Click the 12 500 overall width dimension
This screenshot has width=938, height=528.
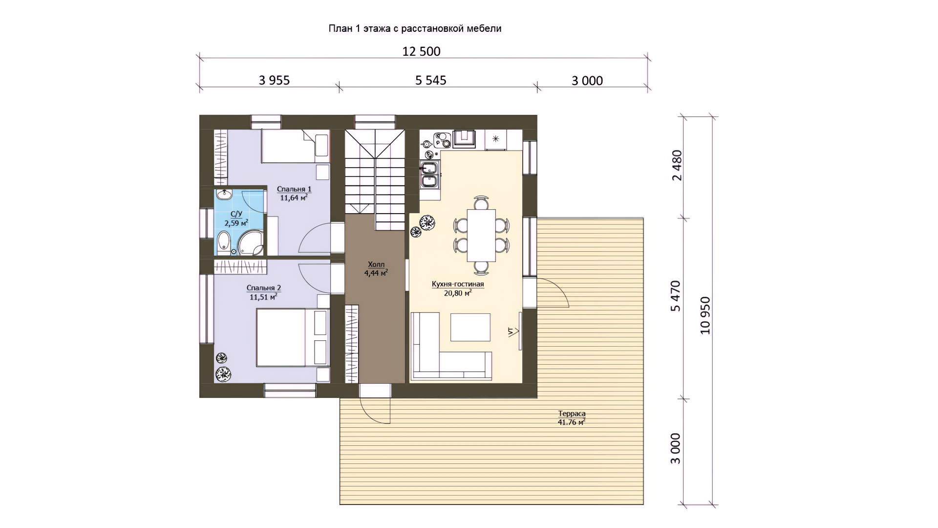point(421,51)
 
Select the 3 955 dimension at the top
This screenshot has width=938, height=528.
point(274,80)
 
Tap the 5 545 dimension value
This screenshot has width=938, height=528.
point(431,80)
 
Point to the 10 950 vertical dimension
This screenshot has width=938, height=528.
point(705,315)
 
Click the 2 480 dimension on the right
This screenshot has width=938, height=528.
point(677,165)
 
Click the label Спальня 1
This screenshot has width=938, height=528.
point(294,189)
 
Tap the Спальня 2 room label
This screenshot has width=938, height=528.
point(264,288)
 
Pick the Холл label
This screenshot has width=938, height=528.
point(376,264)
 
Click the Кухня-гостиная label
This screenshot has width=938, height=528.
point(458,284)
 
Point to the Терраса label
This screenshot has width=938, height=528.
point(572,414)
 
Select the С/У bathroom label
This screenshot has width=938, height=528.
point(236,214)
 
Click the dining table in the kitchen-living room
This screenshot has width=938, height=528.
point(481,236)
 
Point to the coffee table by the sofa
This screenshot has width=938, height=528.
point(470,327)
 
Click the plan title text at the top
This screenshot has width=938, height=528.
point(415,29)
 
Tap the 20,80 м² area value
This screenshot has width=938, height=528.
point(458,293)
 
